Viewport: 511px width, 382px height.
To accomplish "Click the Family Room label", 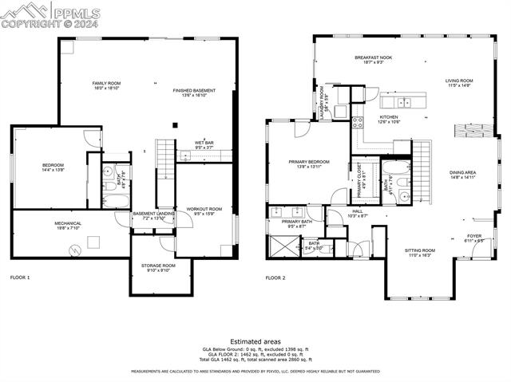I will coord(105,85).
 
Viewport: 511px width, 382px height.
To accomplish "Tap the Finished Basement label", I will coord(194,92).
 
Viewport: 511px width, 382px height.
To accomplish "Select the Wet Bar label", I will coord(204,144).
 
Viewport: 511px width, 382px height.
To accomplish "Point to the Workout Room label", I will coord(204,210).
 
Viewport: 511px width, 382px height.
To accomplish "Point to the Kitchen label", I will coord(388,118).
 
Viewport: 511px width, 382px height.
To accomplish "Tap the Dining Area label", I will coord(462,174).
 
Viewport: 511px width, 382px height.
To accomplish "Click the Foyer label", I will coord(475,237).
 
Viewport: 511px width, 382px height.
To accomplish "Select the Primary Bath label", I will coord(295,223).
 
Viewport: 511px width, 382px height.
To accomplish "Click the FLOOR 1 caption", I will coord(20,278).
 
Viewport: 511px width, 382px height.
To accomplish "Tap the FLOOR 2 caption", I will coord(276,278).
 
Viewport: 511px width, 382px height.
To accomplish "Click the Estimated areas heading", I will coord(255,341).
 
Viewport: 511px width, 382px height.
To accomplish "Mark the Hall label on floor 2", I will coord(358,212).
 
